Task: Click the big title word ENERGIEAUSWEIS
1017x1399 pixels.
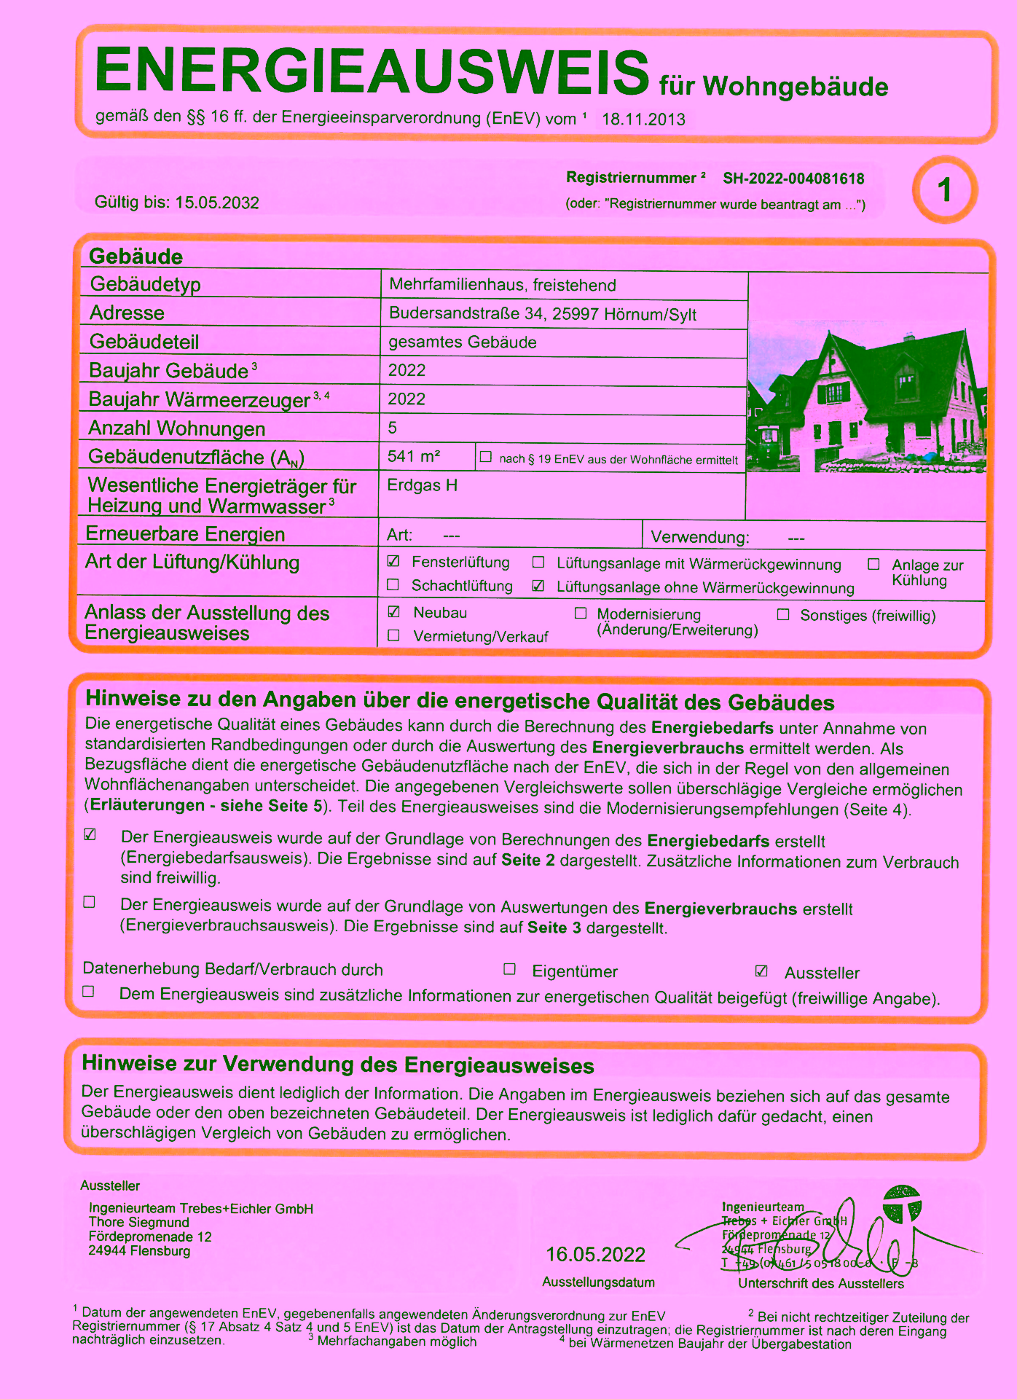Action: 372,71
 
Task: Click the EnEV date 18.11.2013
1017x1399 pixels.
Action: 643,119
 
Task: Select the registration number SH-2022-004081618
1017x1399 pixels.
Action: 793,179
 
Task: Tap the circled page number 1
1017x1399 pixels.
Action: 945,190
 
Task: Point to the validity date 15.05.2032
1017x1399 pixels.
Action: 217,203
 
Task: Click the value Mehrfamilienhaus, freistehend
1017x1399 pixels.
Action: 503,285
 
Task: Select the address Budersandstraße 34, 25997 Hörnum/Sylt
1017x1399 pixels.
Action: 543,314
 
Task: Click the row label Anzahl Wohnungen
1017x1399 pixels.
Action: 176,428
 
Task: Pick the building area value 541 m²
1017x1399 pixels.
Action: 414,456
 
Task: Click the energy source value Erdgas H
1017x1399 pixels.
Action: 423,485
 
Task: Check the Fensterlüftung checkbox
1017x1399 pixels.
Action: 393,561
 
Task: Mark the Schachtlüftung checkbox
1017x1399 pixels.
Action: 393,584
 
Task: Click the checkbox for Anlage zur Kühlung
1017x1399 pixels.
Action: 873,564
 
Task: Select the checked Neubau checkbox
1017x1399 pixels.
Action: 394,611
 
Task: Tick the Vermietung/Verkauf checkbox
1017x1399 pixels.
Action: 394,635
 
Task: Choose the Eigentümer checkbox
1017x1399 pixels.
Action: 510,969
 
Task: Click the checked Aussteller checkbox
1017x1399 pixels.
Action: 761,971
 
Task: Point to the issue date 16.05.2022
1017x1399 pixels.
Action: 596,1255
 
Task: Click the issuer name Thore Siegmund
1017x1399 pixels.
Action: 139,1222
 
